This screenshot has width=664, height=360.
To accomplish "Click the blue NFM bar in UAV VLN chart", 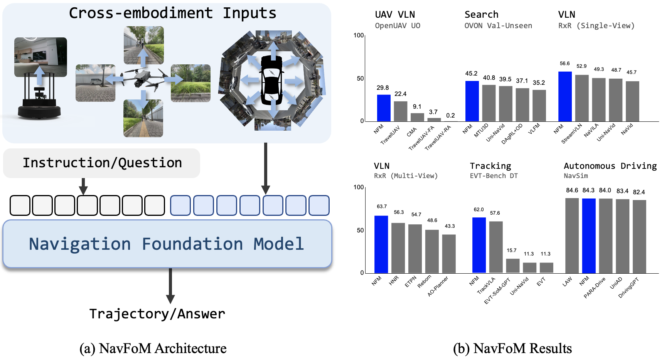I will tap(383, 108).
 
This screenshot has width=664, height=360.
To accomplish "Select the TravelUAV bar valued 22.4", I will tap(400, 111).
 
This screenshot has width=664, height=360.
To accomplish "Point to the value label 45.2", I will tap(471, 74).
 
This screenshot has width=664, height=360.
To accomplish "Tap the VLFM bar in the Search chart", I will tap(539, 106).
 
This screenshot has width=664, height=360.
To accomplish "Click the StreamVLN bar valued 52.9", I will tap(582, 98).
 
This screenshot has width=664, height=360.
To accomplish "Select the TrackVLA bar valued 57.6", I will tap(496, 247).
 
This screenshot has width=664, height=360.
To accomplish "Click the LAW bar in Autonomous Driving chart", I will tap(572, 236).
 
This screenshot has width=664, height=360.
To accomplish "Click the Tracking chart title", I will tap(490, 166).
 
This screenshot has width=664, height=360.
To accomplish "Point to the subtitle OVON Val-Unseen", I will tap(498, 26).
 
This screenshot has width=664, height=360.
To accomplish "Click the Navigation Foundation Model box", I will tap(167, 244).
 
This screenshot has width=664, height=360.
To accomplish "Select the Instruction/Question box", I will tap(102, 163).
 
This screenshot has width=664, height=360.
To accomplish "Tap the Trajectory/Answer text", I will tap(157, 314).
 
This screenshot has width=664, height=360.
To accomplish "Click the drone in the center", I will tap(143, 79).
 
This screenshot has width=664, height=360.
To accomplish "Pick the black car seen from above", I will tap(272, 80).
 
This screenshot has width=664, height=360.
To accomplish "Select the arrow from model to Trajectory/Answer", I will tap(170, 286).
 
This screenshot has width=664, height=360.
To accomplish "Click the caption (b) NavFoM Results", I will tap(512, 348).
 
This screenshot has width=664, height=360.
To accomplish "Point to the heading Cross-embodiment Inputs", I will tap(172, 13).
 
